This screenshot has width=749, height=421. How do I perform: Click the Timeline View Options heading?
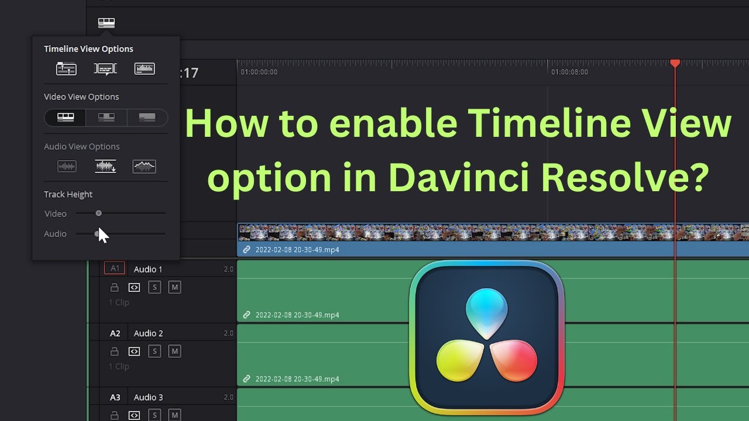[88, 49]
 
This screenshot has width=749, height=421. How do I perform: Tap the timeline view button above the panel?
[106, 23]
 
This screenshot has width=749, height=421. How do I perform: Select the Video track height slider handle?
[98, 213]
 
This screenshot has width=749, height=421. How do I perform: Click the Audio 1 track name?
[148, 269]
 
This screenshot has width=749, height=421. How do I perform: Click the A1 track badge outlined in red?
[115, 268]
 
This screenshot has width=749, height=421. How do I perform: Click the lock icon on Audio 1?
[115, 287]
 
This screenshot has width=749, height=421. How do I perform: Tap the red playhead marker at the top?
[675, 63]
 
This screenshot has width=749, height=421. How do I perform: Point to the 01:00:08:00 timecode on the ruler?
[569, 72]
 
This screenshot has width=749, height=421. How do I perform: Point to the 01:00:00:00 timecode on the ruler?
[259, 72]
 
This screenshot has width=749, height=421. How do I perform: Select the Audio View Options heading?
[81, 147]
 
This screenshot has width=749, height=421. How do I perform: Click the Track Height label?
[68, 194]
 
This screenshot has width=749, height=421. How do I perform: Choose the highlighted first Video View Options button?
[66, 118]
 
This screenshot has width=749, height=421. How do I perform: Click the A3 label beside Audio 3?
[115, 398]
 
